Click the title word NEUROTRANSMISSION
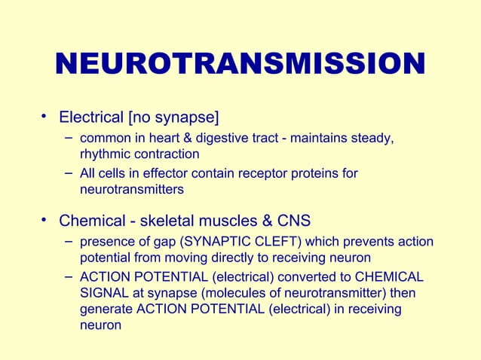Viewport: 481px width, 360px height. [x=240, y=65]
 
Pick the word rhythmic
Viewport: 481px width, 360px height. [x=104, y=154]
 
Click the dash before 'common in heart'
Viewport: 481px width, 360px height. [x=69, y=137]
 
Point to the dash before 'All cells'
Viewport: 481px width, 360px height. [x=69, y=173]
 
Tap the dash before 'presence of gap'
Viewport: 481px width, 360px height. [x=69, y=241]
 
